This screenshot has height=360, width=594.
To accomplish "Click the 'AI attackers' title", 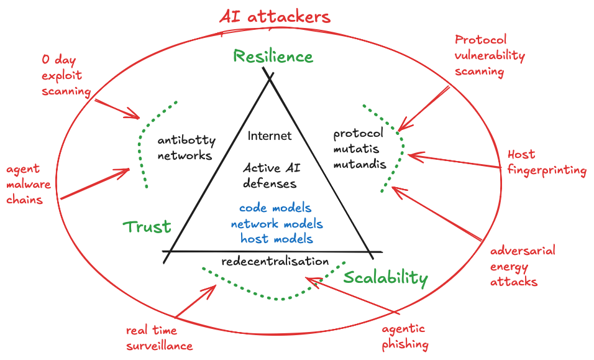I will pyautogui.click(x=274, y=17).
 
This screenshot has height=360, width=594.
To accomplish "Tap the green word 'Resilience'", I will pyautogui.click(x=273, y=57).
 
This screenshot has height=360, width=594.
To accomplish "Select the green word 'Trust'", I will pyautogui.click(x=147, y=227).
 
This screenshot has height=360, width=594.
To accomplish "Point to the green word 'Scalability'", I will pyautogui.click(x=386, y=278).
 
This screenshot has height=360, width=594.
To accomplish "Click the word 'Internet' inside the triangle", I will pyautogui.click(x=270, y=136).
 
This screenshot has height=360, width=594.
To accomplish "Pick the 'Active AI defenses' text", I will pyautogui.click(x=270, y=175).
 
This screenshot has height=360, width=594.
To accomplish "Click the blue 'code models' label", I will pyautogui.click(x=275, y=208).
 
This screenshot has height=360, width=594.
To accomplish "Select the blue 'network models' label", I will pyautogui.click(x=276, y=224).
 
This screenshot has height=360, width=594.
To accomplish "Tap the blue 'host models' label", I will pyautogui.click(x=276, y=239).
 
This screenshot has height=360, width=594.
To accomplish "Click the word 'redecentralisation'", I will pyautogui.click(x=275, y=261).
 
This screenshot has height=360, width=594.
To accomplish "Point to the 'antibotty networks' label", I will pyautogui.click(x=185, y=148).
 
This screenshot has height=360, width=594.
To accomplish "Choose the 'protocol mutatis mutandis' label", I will pyautogui.click(x=360, y=149).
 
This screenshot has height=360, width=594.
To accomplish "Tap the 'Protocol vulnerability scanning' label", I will pyautogui.click(x=490, y=55).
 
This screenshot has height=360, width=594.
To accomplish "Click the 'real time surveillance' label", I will pyautogui.click(x=160, y=338).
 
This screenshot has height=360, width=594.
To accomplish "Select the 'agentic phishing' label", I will pyautogui.click(x=404, y=336).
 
